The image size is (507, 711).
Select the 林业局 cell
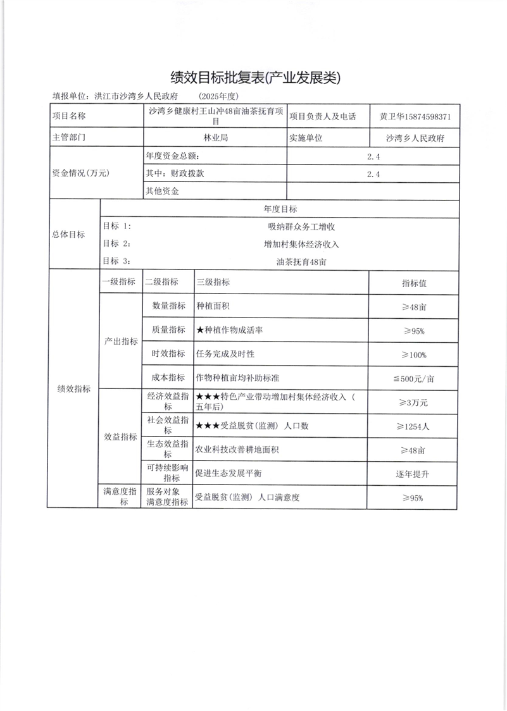pyautogui.click(x=215, y=137)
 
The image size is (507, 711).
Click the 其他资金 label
pyautogui.click(x=163, y=191)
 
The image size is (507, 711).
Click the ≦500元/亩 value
pyautogui.click(x=414, y=378)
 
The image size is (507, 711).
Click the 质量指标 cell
pyautogui.click(x=168, y=330)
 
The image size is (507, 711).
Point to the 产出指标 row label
pyautogui.click(x=121, y=342)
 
